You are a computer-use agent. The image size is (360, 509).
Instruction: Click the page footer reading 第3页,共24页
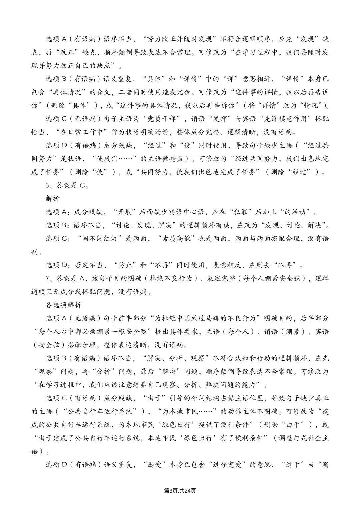(180, 491)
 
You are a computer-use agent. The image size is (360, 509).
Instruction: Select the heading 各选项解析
(63, 305)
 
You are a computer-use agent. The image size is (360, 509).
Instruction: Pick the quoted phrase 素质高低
(178, 239)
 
